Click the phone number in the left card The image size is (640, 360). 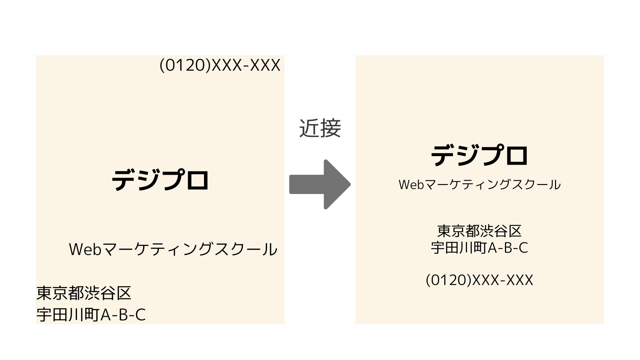click(x=220, y=65)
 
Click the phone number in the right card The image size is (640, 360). click(x=479, y=280)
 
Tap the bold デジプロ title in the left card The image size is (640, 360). click(x=160, y=180)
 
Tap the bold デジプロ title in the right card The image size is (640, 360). click(x=479, y=155)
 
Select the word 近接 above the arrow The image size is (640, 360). click(x=320, y=128)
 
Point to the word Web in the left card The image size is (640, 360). click(x=85, y=249)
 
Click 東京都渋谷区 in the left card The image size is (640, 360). click(x=84, y=293)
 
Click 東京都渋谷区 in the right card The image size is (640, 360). click(x=479, y=231)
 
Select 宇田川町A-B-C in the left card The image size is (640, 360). click(x=91, y=315)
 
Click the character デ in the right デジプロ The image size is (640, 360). click(x=443, y=155)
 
